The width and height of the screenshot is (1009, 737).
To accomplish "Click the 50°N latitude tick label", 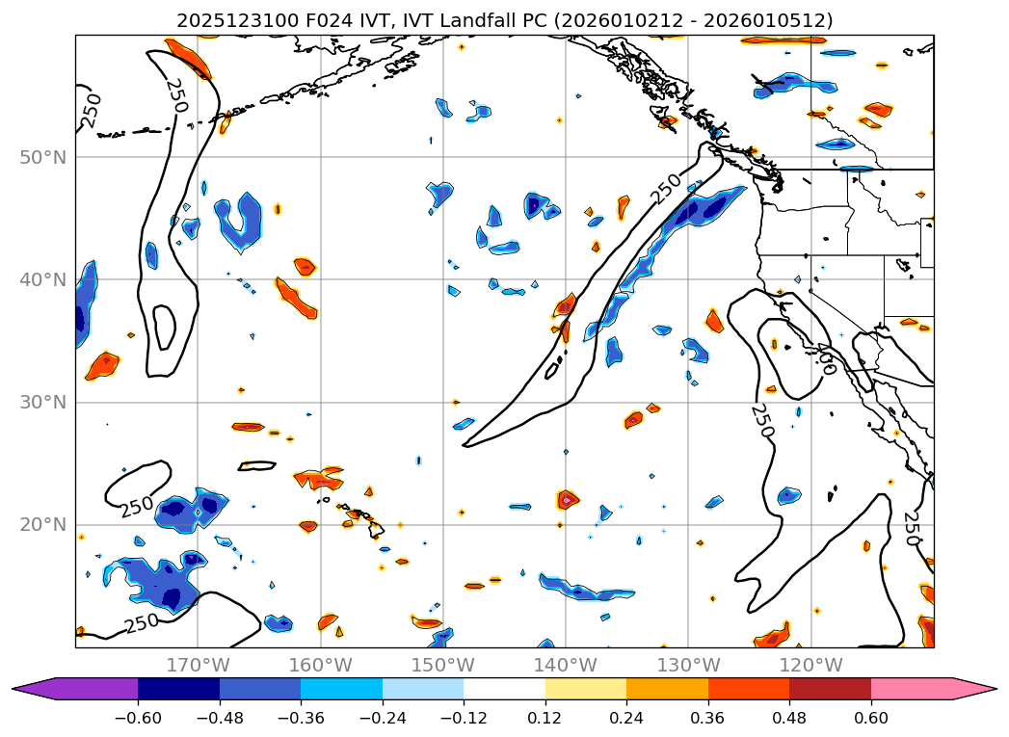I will pyautogui.click(x=42, y=157).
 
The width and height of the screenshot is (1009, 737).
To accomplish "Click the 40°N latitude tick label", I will pyautogui.click(x=42, y=279).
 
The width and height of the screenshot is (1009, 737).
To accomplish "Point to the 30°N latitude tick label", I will pyautogui.click(x=42, y=402).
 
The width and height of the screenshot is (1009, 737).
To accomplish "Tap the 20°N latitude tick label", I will pyautogui.click(x=42, y=525).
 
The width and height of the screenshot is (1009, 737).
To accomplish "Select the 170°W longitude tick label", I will pyautogui.click(x=198, y=665).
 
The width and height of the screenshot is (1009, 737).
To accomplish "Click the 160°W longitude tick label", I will pyautogui.click(x=320, y=665).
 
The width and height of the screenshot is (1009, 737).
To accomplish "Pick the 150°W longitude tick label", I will pyautogui.click(x=442, y=665).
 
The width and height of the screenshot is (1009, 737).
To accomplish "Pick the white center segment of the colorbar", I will pyautogui.click(x=504, y=689).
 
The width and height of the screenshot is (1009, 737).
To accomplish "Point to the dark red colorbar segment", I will pyautogui.click(x=830, y=689).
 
